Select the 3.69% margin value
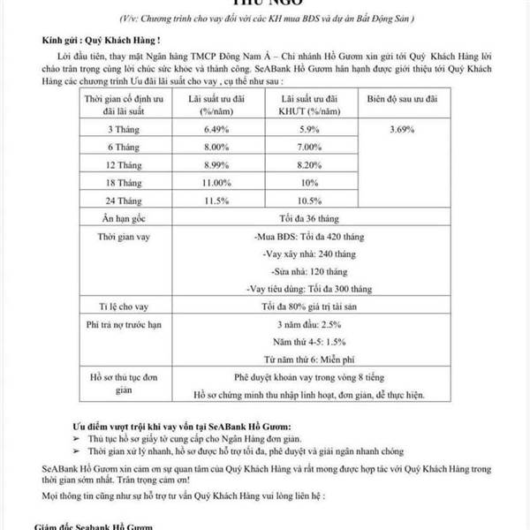pyautogui.click(x=401, y=129)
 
